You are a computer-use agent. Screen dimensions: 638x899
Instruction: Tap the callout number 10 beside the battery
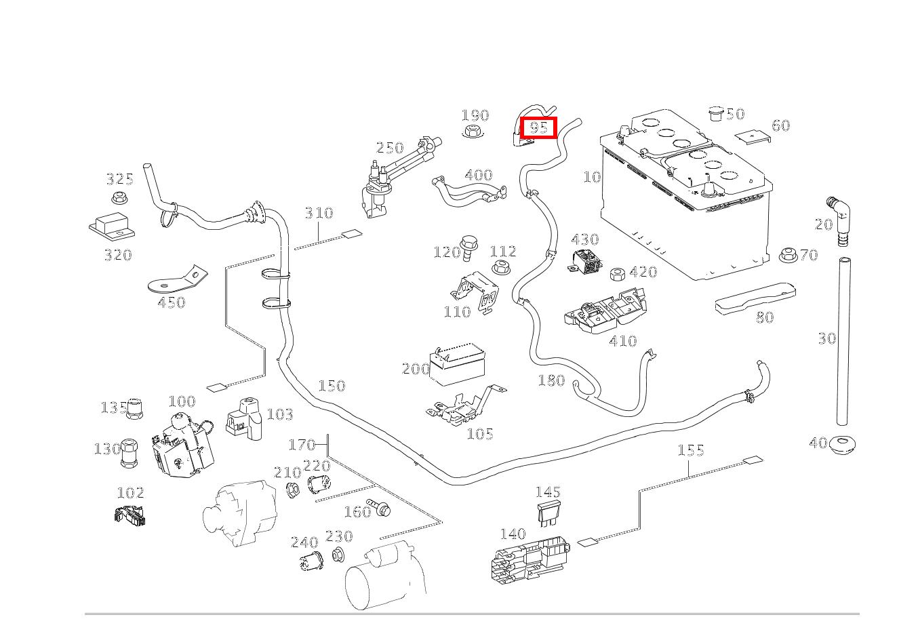pos(592,177)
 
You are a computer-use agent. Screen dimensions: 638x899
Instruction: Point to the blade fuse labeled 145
pos(548,514)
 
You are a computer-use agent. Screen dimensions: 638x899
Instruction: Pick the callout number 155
pos(691,450)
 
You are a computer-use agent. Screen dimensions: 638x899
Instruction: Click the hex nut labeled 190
pos(472,131)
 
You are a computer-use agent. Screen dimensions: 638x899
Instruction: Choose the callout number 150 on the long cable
pos(332,386)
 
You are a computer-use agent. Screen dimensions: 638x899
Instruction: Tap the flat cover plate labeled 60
pos(753,136)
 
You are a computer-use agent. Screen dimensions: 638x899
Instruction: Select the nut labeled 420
pos(617,274)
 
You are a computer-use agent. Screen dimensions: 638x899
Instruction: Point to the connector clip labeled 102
pos(130,515)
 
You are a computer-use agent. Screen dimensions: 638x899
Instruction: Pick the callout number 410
pos(622,340)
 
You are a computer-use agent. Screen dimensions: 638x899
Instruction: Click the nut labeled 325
pos(120,199)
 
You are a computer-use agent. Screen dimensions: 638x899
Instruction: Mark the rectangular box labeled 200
pos(458,367)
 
